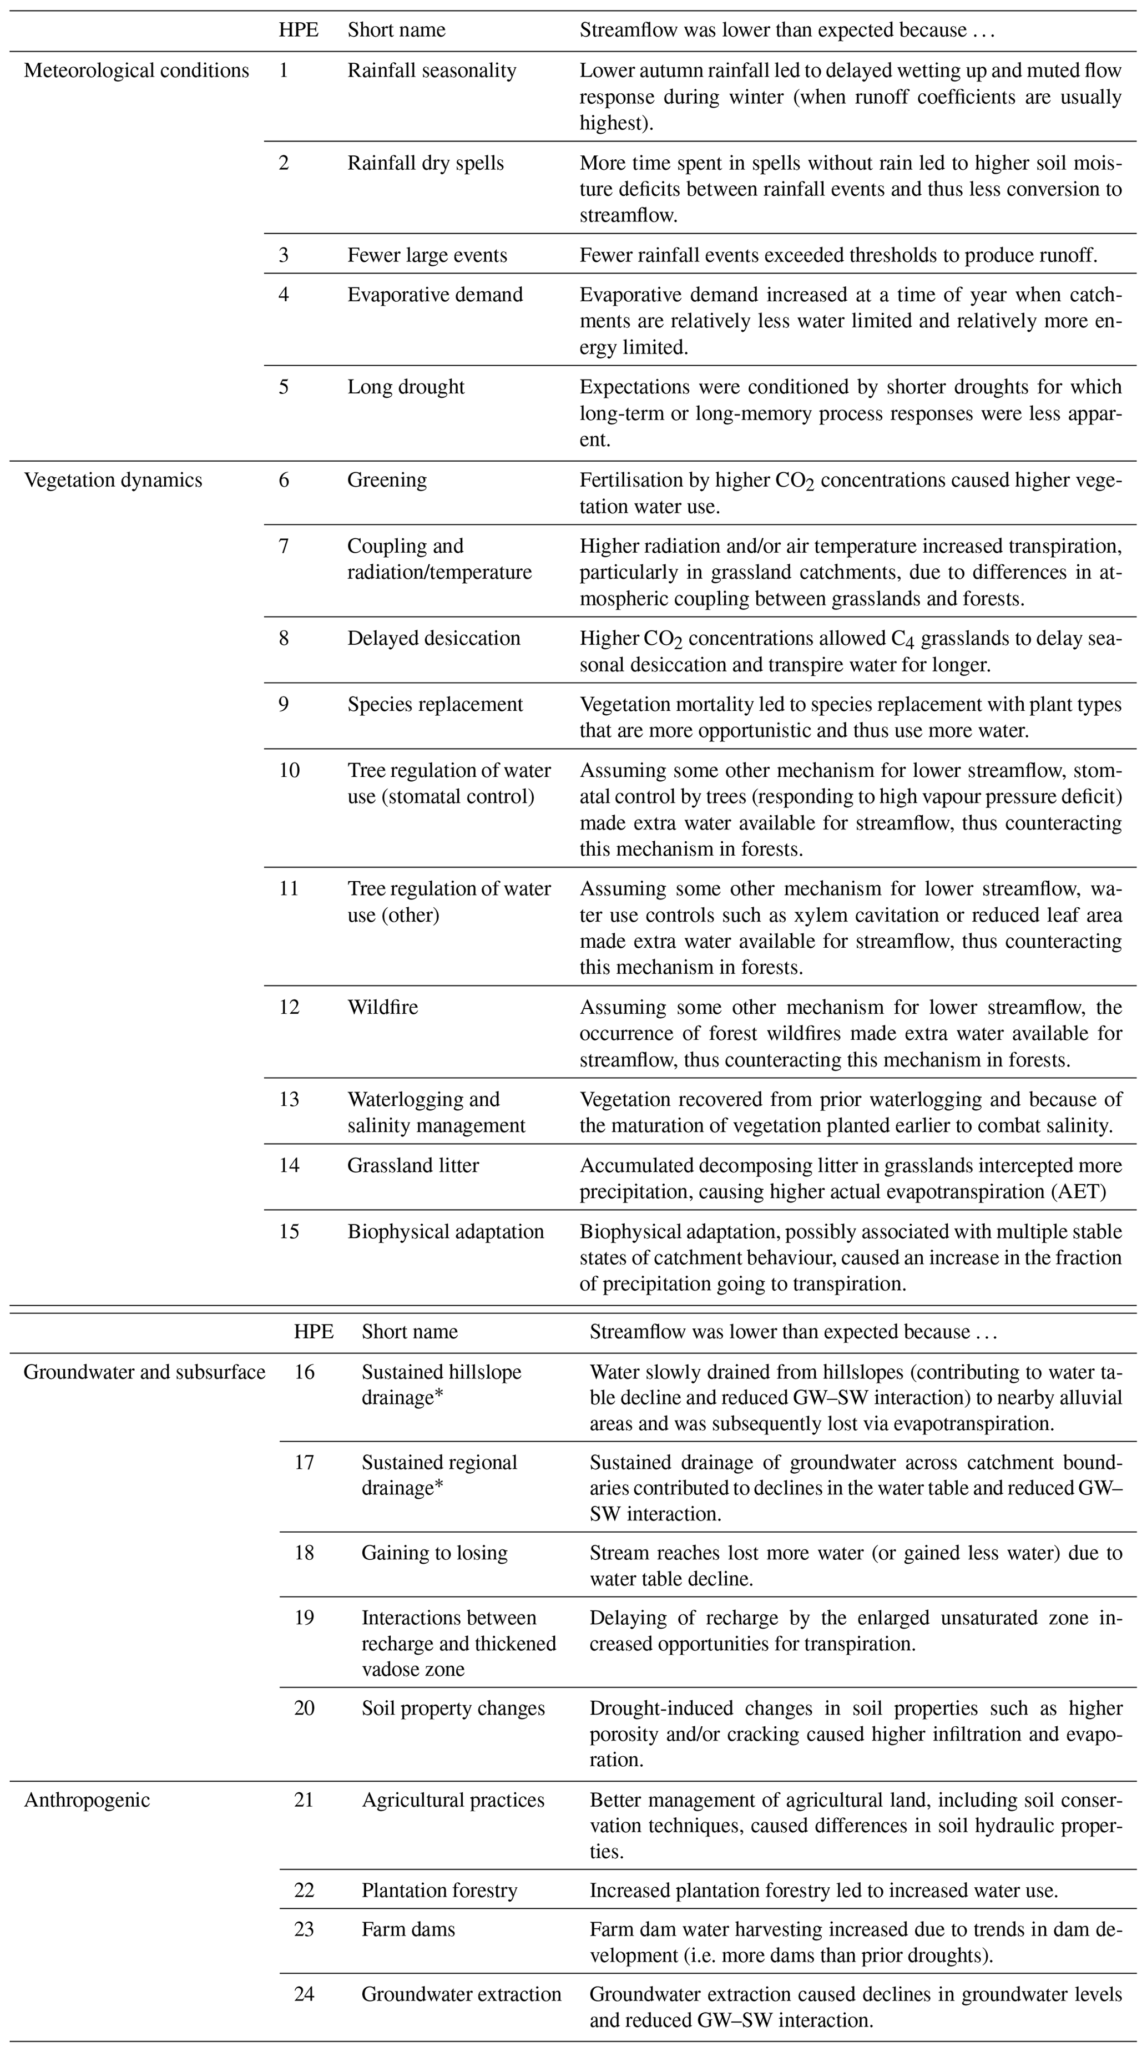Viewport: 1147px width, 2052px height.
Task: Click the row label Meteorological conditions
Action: click(136, 71)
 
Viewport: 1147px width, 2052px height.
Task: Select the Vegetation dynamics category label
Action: click(113, 481)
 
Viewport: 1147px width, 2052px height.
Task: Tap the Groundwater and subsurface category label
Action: click(144, 1372)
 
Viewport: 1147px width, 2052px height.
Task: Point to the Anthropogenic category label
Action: click(87, 1778)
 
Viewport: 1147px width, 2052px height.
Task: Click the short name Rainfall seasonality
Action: click(432, 71)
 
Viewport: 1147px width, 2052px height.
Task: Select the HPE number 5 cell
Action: click(284, 387)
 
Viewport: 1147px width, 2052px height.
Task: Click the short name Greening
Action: click(387, 481)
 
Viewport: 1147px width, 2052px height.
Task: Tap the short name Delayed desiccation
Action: click(433, 638)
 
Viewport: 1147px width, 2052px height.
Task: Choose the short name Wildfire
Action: click(382, 1007)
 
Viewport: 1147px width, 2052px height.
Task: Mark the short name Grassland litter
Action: click(413, 1165)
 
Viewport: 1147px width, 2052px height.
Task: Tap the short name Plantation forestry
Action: click(439, 1891)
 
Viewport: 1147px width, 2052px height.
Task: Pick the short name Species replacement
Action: click(435, 704)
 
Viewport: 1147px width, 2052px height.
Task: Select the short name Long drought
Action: click(406, 387)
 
